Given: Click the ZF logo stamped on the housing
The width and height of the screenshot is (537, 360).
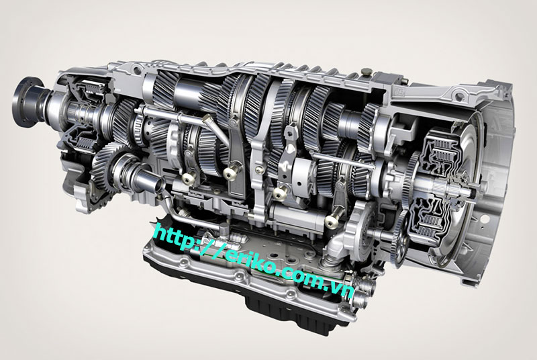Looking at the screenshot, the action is point(398,92).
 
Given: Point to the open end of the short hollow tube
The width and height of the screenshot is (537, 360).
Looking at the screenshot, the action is point(158,186).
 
